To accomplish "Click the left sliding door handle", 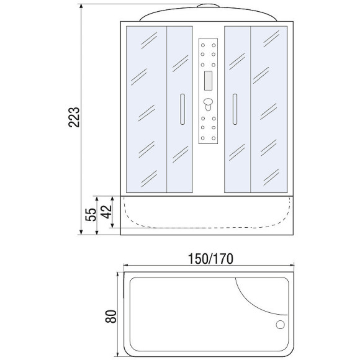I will pyautogui.click(x=182, y=110).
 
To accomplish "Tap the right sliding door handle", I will pyautogui.click(x=235, y=110).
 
